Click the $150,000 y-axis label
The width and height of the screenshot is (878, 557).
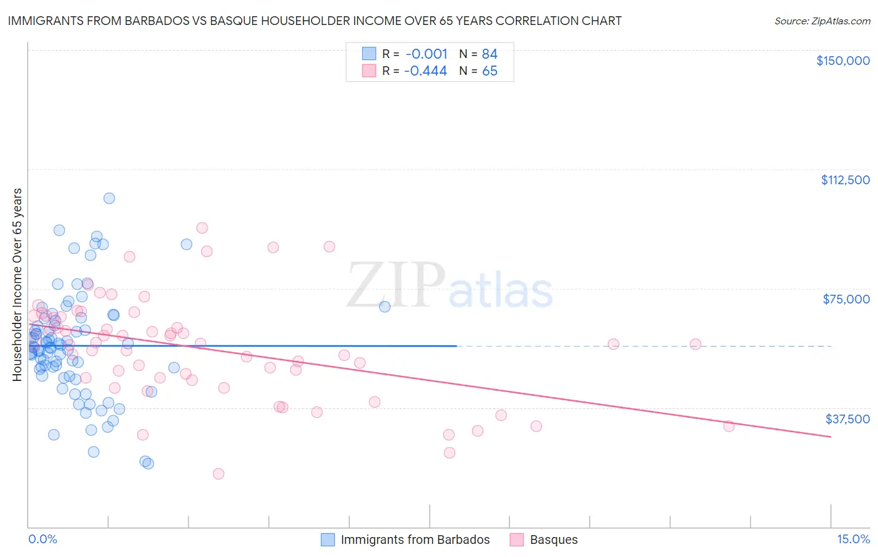842,61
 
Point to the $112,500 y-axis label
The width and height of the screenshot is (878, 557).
845,180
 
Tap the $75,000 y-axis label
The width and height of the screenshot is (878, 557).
846,299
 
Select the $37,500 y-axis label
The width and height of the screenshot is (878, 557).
847,419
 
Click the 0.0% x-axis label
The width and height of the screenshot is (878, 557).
42,539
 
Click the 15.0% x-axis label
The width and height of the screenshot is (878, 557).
853,539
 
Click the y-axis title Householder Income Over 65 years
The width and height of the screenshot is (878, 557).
17,285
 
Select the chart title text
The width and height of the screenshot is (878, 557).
315,21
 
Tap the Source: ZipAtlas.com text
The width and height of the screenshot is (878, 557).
822,21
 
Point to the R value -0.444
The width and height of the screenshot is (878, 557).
425,71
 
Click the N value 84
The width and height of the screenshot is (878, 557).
490,54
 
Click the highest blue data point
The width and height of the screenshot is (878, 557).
109,198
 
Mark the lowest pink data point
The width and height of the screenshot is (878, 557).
219,473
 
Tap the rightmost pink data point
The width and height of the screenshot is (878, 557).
729,426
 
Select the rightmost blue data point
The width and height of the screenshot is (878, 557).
385,307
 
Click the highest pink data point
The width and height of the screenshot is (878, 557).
202,228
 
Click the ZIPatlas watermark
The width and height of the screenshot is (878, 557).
450,286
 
